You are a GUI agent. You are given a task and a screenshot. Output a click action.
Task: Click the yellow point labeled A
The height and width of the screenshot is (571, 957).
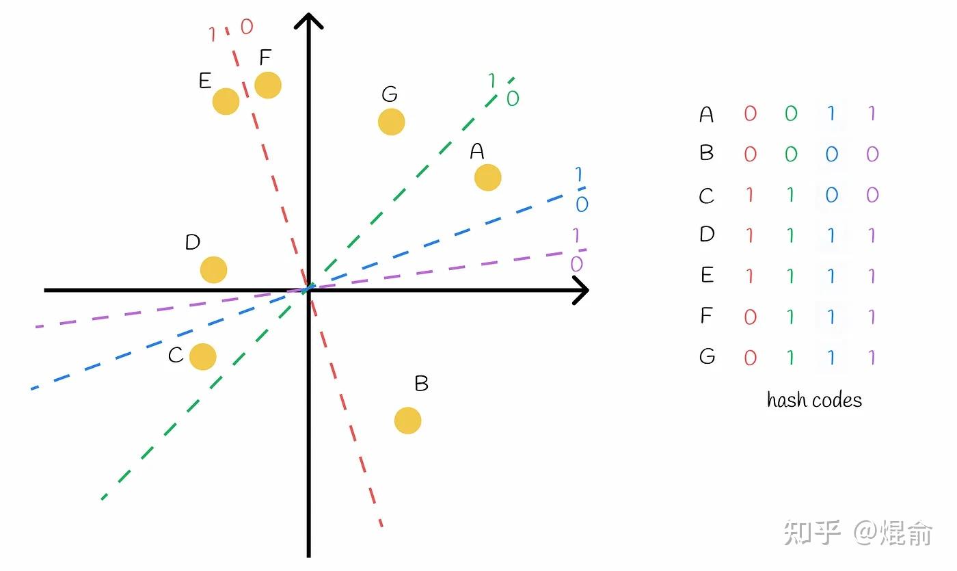click(x=487, y=177)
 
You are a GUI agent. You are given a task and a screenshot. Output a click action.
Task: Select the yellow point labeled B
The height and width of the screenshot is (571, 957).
click(x=407, y=421)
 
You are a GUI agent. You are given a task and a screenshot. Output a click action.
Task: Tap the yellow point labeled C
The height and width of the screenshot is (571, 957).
click(x=202, y=356)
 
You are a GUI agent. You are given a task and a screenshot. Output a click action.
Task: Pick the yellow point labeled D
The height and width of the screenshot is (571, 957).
click(x=213, y=270)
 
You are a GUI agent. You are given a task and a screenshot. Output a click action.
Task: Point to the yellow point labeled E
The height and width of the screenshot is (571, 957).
click(x=226, y=101)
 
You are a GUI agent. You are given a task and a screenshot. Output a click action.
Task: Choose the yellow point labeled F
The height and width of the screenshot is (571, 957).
click(x=268, y=85)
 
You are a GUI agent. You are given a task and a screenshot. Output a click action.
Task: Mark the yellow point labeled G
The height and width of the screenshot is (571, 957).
click(x=391, y=122)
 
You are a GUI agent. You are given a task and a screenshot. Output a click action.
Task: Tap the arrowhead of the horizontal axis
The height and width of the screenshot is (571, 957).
click(x=581, y=291)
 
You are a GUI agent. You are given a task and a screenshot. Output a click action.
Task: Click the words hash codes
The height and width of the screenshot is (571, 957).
click(x=814, y=400)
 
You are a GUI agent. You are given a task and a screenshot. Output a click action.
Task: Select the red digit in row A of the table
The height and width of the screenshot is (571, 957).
click(x=750, y=114)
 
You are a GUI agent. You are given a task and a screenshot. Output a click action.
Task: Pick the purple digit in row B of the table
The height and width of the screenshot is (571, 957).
click(x=872, y=154)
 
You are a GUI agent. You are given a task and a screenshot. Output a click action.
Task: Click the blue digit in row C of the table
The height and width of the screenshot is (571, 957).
click(x=831, y=195)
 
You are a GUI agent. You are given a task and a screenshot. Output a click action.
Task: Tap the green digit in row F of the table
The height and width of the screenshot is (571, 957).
click(x=790, y=316)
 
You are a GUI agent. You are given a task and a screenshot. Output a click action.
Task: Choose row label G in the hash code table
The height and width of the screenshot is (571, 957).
click(x=707, y=356)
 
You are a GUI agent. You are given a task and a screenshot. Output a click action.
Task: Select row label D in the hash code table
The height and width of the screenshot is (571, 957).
click(x=707, y=235)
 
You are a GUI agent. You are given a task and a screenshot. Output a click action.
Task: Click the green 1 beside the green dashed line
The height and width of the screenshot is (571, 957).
click(x=491, y=81)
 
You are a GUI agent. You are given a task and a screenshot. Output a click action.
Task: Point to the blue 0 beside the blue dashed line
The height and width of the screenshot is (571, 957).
click(x=582, y=204)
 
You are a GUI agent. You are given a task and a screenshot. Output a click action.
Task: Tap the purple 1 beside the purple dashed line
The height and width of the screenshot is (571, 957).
click(x=576, y=236)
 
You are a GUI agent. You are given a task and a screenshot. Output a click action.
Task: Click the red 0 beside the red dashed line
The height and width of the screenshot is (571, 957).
click(x=246, y=27)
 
